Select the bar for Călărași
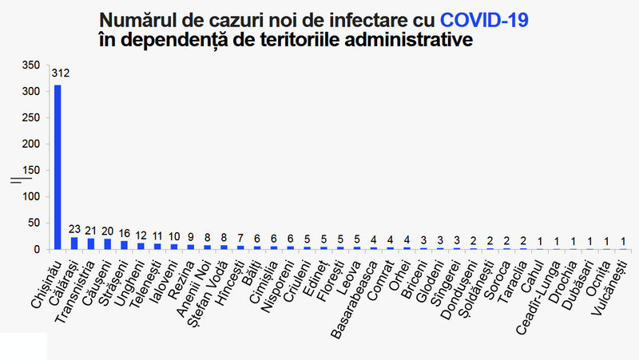click(74, 243)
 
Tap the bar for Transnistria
click(91, 244)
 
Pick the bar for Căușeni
click(108, 244)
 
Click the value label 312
click(61, 73)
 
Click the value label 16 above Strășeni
click(124, 233)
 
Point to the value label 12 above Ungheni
click(141, 235)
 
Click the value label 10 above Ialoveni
click(174, 236)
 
